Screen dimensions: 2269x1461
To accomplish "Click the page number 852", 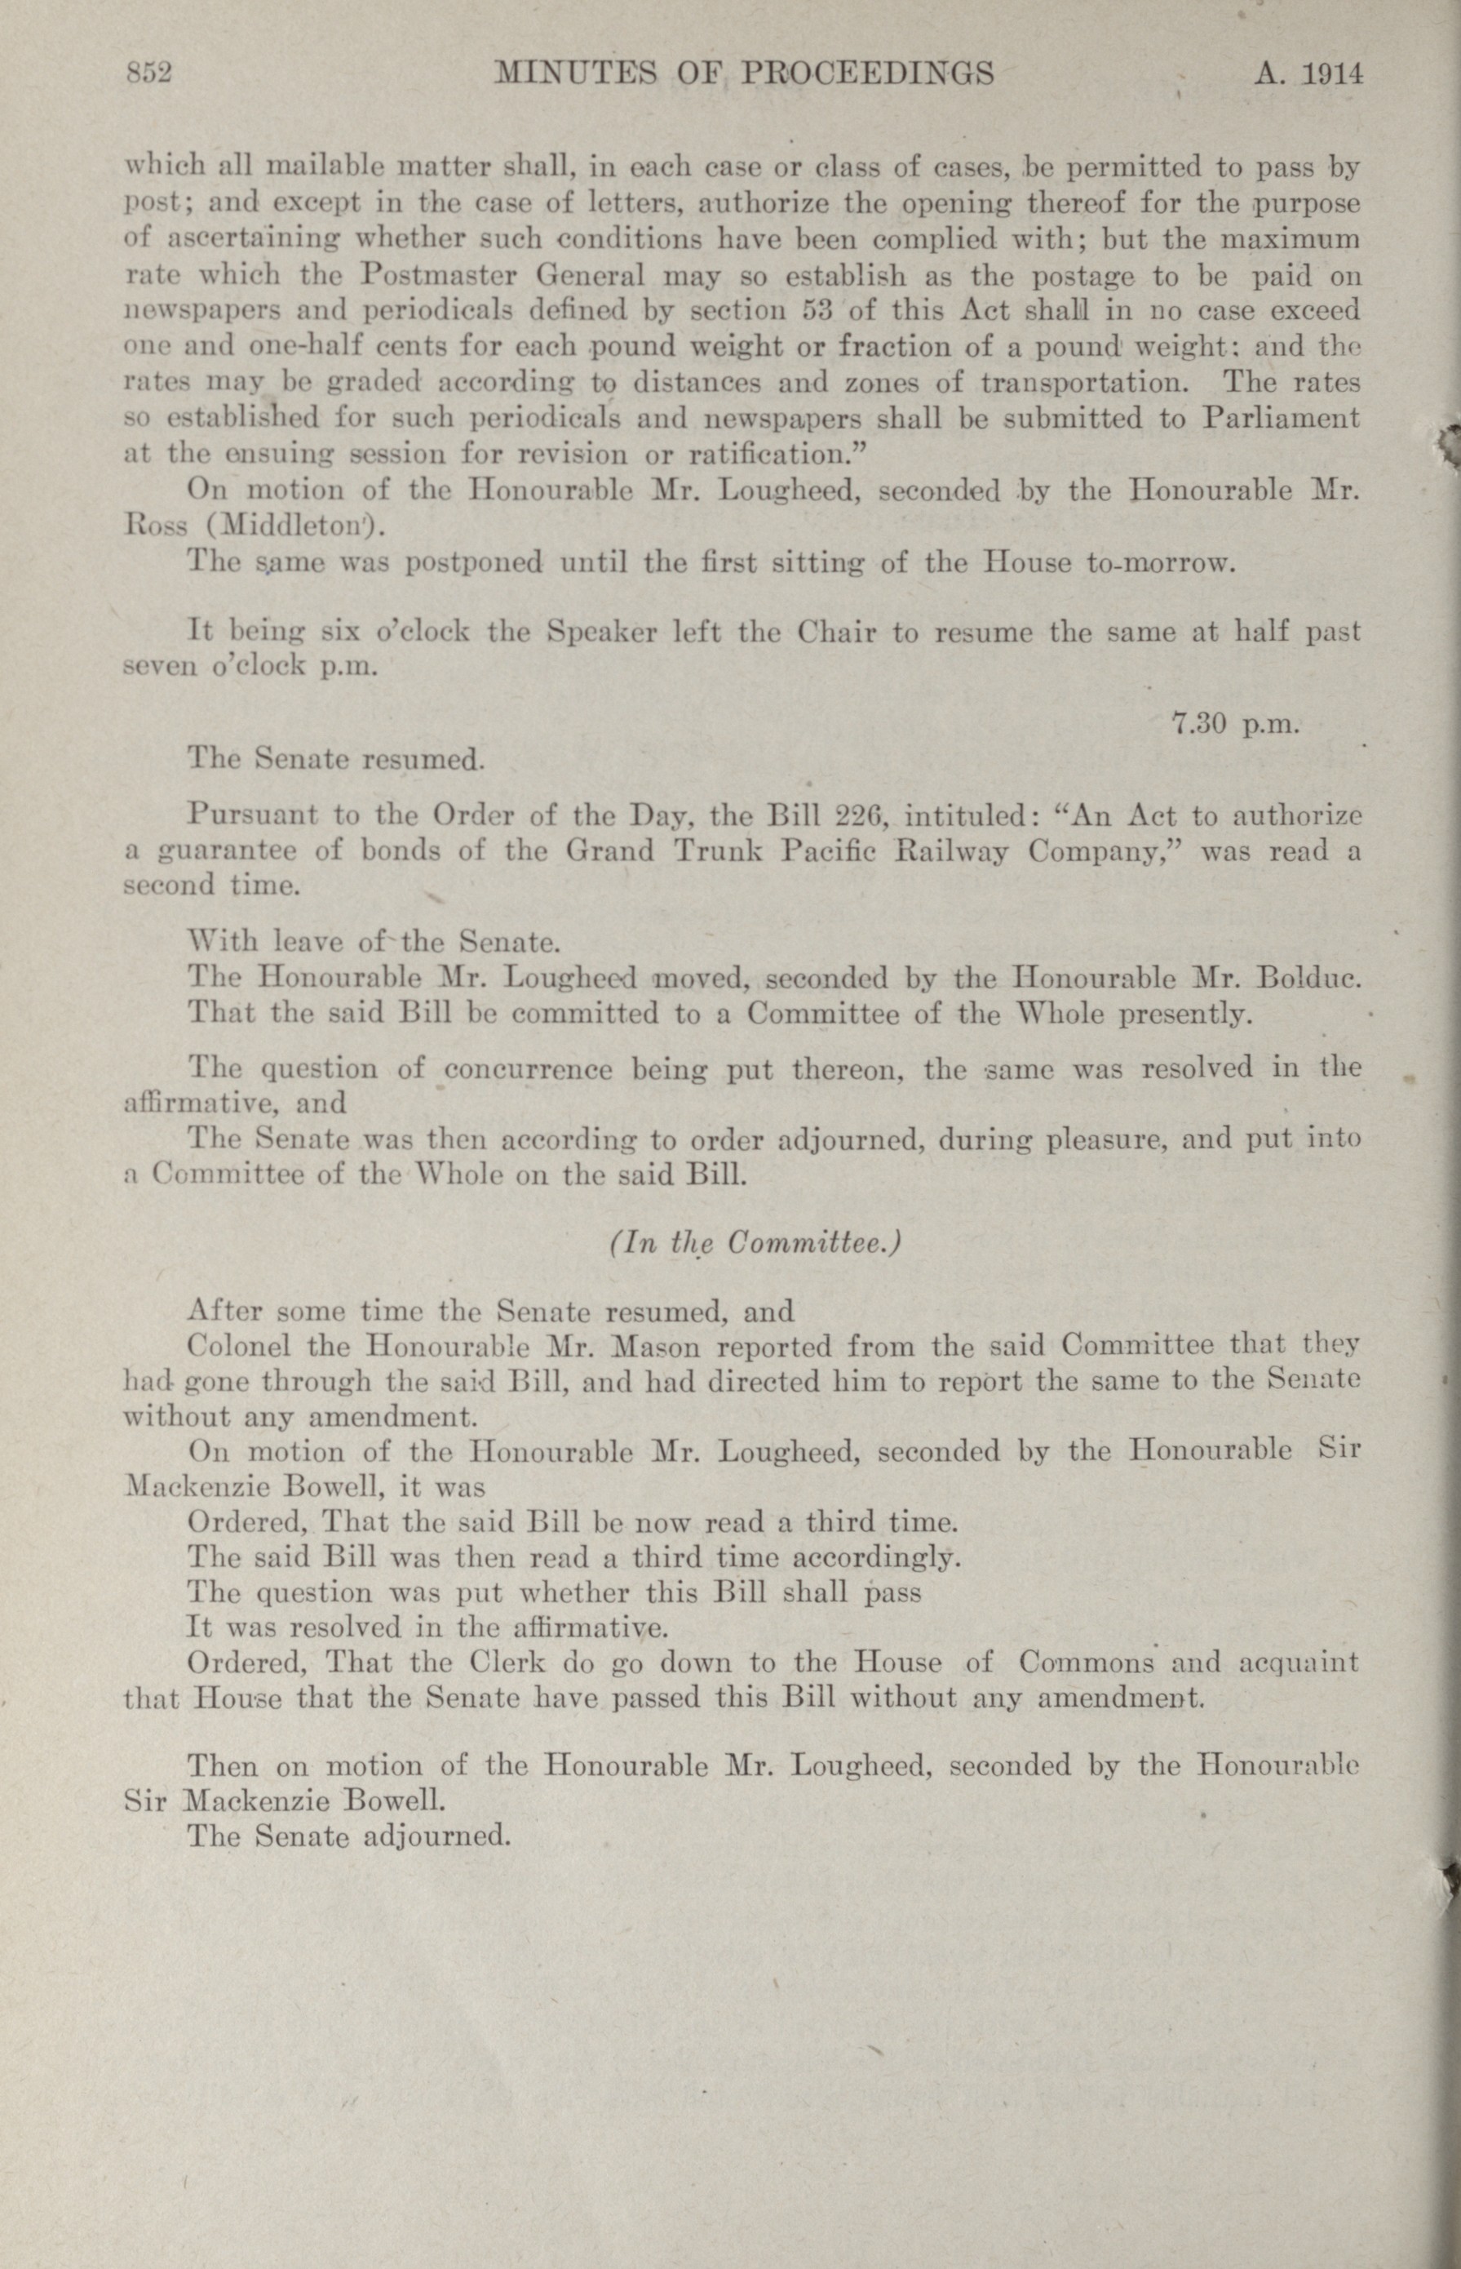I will pos(149,73).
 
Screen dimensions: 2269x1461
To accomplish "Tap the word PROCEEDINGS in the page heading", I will pos(866,73).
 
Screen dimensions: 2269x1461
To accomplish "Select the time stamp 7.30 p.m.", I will pos(1233,724).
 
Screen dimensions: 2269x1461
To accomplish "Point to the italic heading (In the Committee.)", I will pos(755,1242).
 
